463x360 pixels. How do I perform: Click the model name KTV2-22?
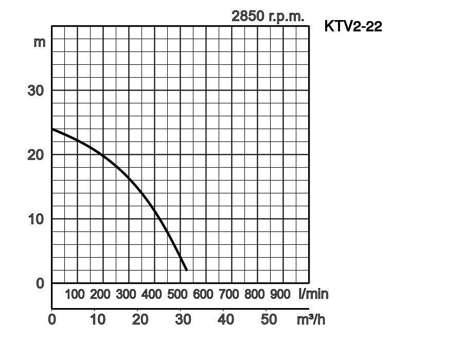pyautogui.click(x=353, y=26)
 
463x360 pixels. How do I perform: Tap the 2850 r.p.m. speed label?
pyautogui.click(x=268, y=16)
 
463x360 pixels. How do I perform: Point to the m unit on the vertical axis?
pyautogui.click(x=40, y=42)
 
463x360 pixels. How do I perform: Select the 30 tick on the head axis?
pyautogui.click(x=35, y=91)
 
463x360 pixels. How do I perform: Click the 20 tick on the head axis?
pyautogui.click(x=35, y=155)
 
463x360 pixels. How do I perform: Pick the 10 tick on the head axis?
pyautogui.click(x=35, y=219)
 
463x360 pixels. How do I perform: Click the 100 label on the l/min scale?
pyautogui.click(x=75, y=294)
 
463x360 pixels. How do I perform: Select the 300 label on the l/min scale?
pyautogui.click(x=126, y=294)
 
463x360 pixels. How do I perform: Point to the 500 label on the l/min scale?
pyautogui.click(x=177, y=294)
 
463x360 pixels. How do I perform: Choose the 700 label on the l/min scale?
pyautogui.click(x=229, y=294)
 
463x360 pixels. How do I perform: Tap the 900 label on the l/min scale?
pyautogui.click(x=280, y=294)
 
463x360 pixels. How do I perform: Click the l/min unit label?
pyautogui.click(x=313, y=294)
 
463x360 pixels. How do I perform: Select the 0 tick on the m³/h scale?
pyautogui.click(x=52, y=319)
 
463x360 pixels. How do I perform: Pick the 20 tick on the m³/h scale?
pyautogui.click(x=140, y=319)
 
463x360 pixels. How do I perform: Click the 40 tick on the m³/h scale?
pyautogui.click(x=226, y=319)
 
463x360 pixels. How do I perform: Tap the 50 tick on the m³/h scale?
pyautogui.click(x=269, y=319)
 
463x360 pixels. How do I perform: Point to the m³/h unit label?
pyautogui.click(x=311, y=319)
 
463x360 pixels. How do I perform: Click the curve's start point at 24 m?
pyautogui.click(x=52, y=129)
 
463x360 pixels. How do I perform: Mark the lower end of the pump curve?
pyautogui.click(x=186, y=270)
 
